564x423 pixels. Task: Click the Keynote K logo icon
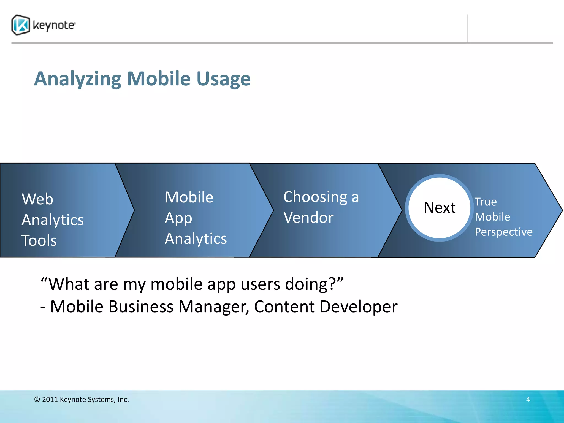click(x=21, y=25)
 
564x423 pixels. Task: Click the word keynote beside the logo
click(x=54, y=25)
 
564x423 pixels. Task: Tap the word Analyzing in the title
click(x=77, y=79)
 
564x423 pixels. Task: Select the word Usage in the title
click(x=223, y=79)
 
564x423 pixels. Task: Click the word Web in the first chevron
click(x=37, y=199)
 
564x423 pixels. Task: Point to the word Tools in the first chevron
click(x=39, y=240)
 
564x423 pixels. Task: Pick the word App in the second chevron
click(x=178, y=218)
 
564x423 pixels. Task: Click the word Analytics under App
click(x=196, y=238)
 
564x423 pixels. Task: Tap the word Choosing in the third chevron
click(x=315, y=197)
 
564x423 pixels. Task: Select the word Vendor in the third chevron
click(x=308, y=218)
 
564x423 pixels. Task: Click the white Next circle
click(x=440, y=208)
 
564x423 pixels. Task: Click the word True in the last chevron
click(x=486, y=202)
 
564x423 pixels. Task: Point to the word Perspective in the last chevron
click(x=503, y=232)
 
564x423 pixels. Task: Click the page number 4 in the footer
click(x=528, y=399)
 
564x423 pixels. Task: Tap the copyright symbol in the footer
click(x=37, y=399)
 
